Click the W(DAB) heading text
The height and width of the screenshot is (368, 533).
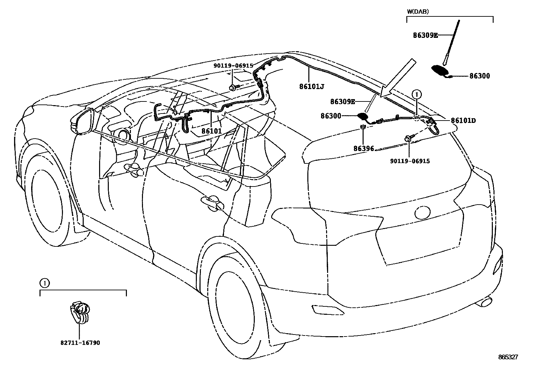click(417, 11)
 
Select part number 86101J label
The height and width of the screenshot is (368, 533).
click(312, 86)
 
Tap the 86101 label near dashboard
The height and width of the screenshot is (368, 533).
click(211, 131)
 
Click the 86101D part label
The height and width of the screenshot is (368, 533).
click(463, 121)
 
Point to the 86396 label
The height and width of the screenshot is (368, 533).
click(364, 148)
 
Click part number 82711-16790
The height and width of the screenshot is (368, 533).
click(80, 343)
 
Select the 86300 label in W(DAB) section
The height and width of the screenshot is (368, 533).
click(479, 76)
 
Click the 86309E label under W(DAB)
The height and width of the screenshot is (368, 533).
click(425, 35)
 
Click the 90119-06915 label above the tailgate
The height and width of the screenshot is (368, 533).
click(409, 161)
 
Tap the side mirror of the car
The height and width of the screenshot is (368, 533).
click(82, 122)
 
